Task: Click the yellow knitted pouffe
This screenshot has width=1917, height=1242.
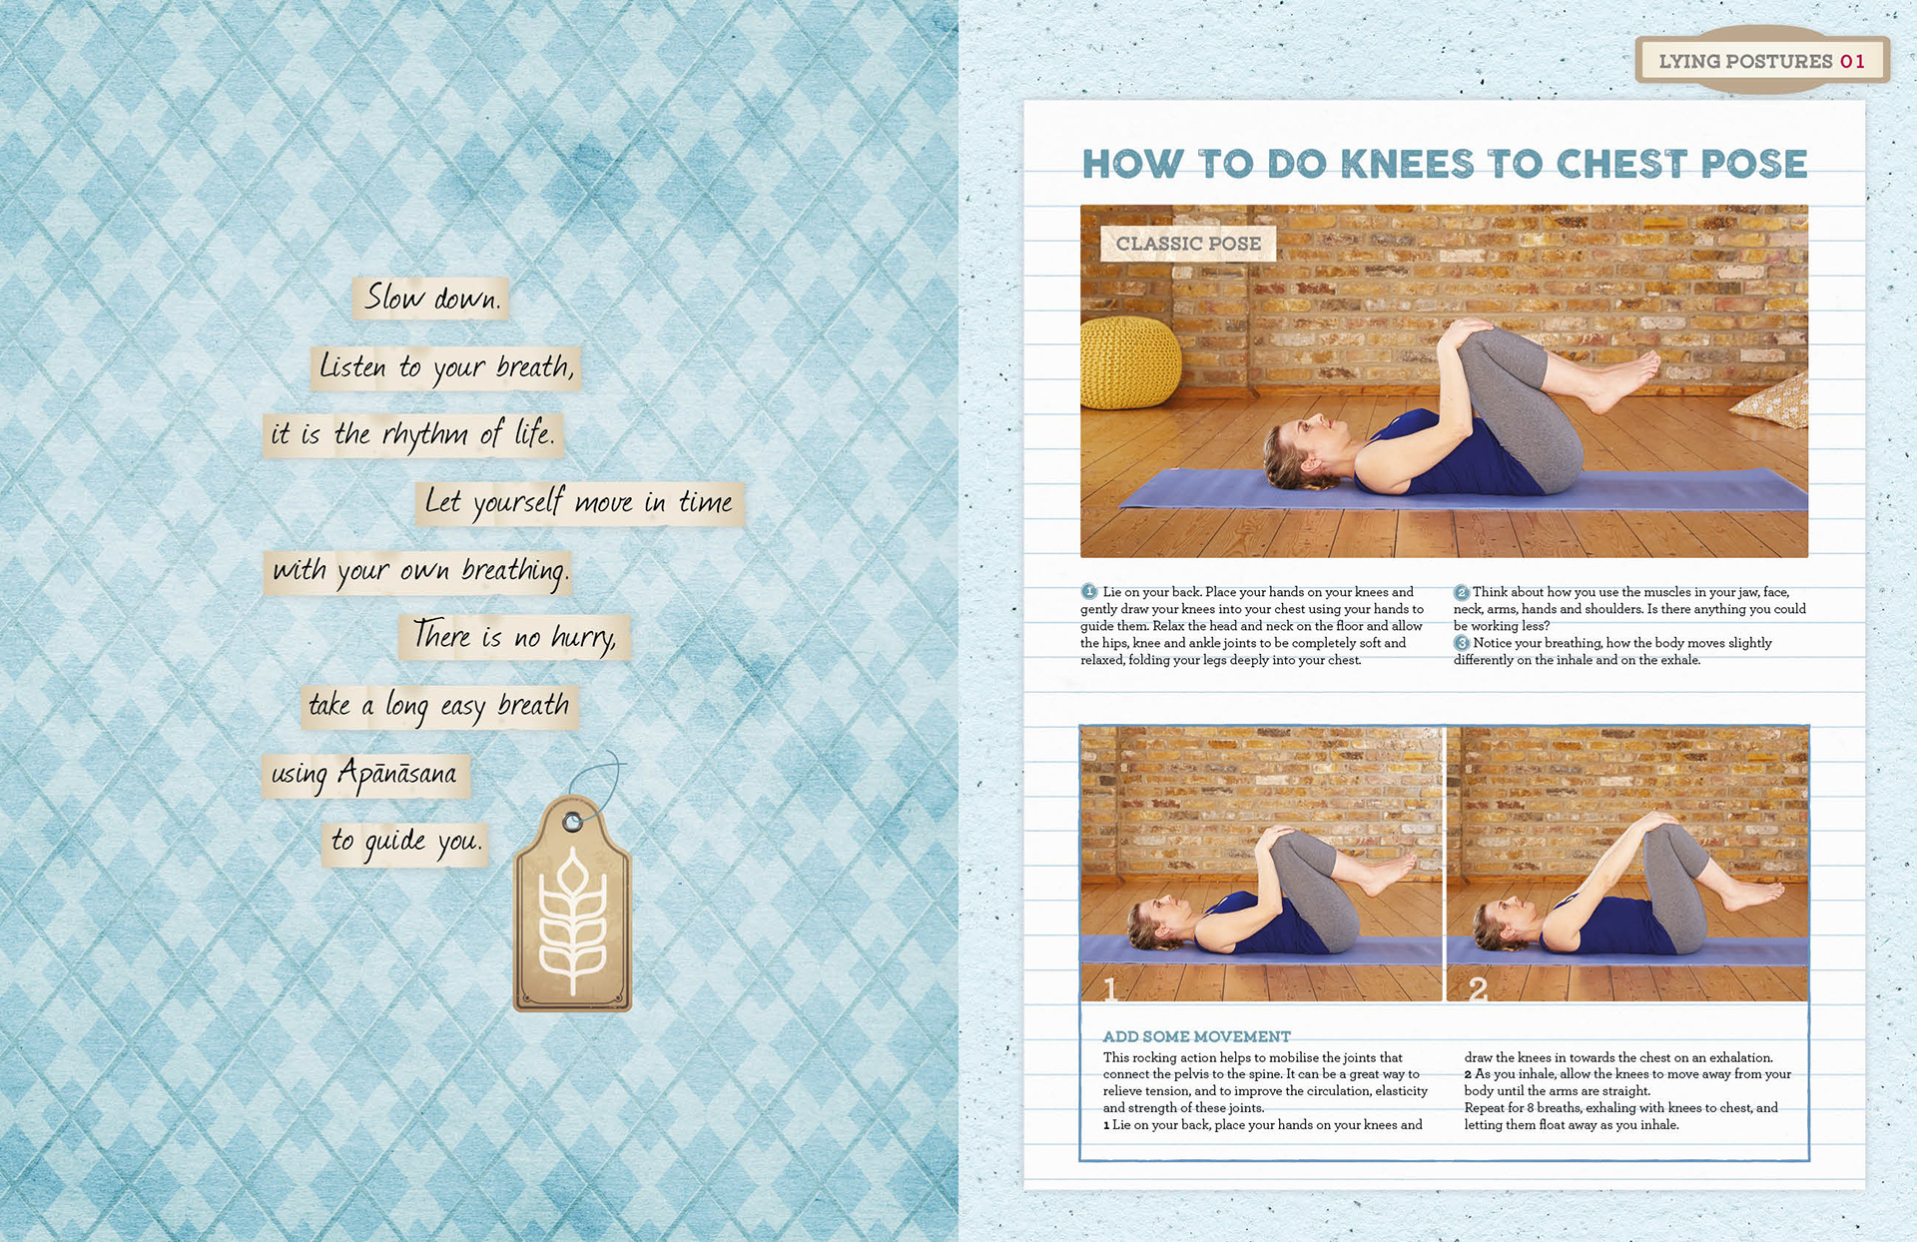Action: (x=1130, y=363)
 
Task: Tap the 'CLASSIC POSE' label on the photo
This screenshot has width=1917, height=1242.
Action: (x=1188, y=244)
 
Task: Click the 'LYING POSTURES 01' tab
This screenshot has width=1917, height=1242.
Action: (x=1762, y=61)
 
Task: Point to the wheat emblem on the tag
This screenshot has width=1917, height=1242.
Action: (x=573, y=922)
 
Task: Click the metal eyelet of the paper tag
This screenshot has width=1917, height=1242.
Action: (x=572, y=823)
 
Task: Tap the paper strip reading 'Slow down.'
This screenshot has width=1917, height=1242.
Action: (x=431, y=299)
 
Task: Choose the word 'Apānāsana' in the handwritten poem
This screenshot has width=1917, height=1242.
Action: (x=397, y=773)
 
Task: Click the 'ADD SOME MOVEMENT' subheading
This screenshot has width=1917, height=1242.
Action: (x=1196, y=1036)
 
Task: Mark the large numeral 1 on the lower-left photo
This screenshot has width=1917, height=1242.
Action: (x=1110, y=987)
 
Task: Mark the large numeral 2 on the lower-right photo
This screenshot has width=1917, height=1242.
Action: (x=1478, y=987)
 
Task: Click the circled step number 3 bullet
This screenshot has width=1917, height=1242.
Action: (x=1462, y=643)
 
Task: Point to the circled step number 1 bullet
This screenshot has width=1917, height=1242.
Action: (x=1089, y=592)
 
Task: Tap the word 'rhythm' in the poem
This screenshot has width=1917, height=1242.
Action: (x=425, y=434)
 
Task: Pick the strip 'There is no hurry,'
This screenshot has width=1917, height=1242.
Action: (x=515, y=637)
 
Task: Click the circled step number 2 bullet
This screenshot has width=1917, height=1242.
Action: (x=1462, y=592)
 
